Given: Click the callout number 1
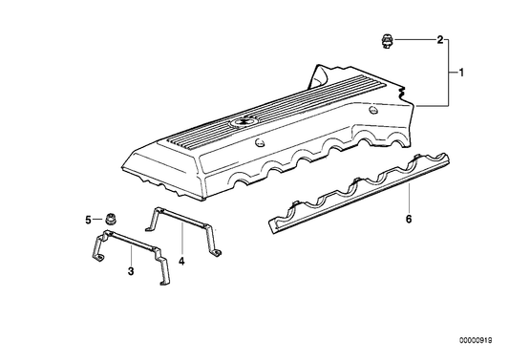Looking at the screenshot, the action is click(461, 73).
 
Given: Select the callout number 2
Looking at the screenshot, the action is click(440, 40).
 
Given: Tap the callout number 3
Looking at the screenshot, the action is click(131, 271).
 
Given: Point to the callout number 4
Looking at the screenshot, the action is click(181, 261).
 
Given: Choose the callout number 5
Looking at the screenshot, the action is click(88, 220).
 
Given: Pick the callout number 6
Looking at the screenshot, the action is click(409, 219).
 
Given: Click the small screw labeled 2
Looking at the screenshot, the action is click(387, 41).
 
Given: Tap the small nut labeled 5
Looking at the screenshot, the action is click(111, 220).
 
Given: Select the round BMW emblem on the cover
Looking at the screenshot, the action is click(241, 121).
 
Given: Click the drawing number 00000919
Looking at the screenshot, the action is click(476, 340).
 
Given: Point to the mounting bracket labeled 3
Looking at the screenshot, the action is click(130, 257).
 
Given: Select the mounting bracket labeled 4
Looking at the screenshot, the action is click(183, 231).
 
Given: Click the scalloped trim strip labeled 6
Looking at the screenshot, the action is click(359, 193).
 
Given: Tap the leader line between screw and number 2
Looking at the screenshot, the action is click(414, 40).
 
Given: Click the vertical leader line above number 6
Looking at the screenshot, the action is click(409, 198).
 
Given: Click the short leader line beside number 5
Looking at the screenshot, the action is click(97, 220).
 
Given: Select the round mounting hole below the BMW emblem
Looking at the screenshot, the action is click(260, 143).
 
